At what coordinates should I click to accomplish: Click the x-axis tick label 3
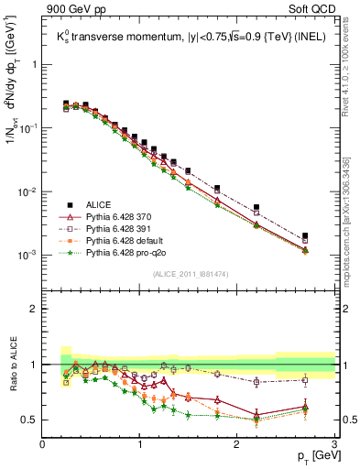tap(333, 443)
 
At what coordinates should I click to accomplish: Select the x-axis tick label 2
tap(236, 443)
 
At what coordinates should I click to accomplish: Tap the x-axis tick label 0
tap(43, 443)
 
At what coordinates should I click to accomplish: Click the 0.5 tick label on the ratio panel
tap(29, 420)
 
